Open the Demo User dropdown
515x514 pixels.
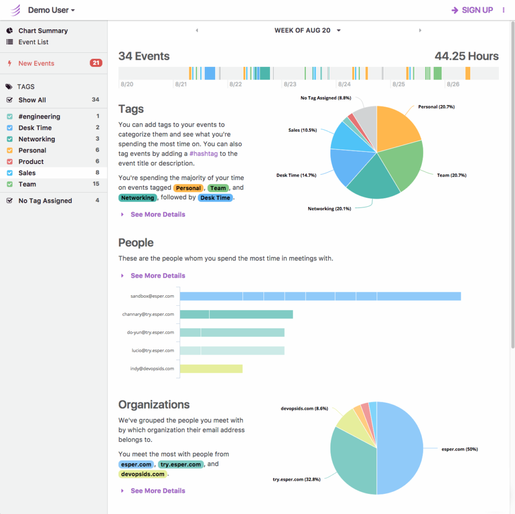point(51,10)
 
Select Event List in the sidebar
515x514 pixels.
point(33,42)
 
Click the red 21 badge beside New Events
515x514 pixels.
point(96,63)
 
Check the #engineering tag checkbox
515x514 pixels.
point(10,117)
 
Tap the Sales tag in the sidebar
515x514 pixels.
point(27,173)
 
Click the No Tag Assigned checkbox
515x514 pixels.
point(10,201)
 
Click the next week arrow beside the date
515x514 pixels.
point(420,31)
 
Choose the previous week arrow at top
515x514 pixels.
point(197,31)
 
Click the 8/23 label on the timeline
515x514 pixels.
point(290,84)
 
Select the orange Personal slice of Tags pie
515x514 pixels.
point(397,126)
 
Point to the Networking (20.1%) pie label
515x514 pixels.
point(329,208)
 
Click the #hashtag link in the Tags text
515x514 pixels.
point(204,154)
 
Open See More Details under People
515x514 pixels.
point(157,276)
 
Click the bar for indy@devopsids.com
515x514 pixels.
point(211,369)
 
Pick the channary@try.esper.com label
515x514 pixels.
point(148,314)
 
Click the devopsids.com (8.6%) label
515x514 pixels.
point(304,409)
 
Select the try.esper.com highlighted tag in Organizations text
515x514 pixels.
point(181,464)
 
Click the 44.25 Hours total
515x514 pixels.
point(466,56)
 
